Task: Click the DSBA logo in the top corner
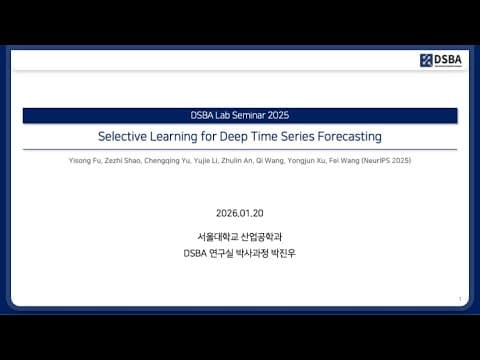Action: pos(440,60)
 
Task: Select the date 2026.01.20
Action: pos(240,213)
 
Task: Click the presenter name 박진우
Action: pos(284,252)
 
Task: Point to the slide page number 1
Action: pos(459,298)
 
